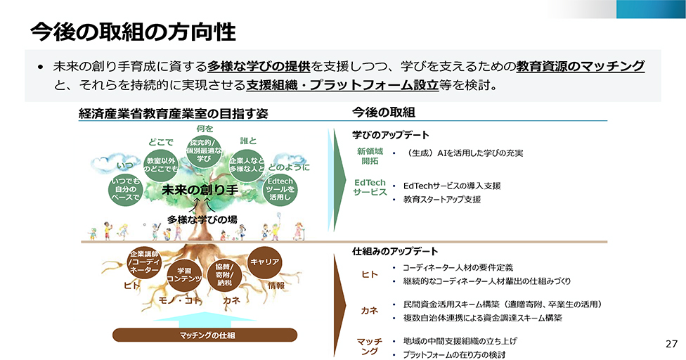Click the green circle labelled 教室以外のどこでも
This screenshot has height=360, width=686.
pyautogui.click(x=161, y=166)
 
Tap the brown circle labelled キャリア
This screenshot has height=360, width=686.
pyautogui.click(x=265, y=262)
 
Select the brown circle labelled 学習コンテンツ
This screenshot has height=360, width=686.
pyautogui.click(x=185, y=275)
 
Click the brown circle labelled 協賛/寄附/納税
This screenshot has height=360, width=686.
pyautogui.click(x=225, y=275)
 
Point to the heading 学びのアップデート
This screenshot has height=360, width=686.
pyautogui.click(x=390, y=134)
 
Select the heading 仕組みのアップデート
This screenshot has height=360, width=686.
pyautogui.click(x=395, y=251)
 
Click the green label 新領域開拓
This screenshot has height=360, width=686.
pyautogui.click(x=369, y=156)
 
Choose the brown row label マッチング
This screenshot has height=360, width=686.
pyautogui.click(x=369, y=346)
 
